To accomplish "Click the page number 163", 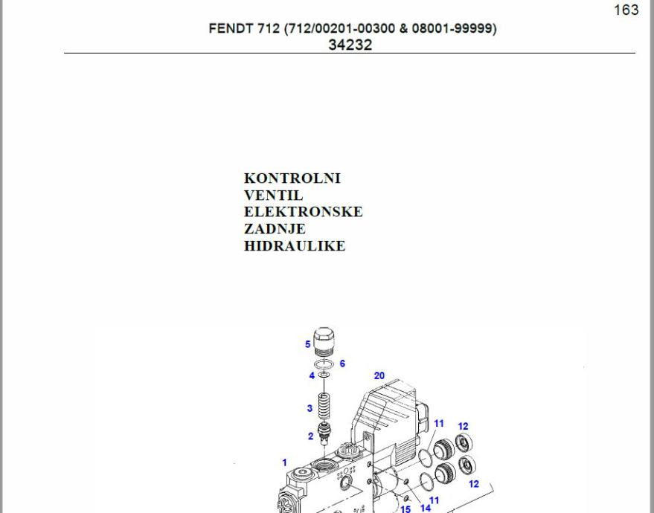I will (x=626, y=10).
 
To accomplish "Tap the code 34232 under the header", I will (x=350, y=45).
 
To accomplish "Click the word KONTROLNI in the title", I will (x=292, y=178).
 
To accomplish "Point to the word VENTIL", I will (x=273, y=196).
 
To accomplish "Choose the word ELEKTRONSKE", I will (x=303, y=212).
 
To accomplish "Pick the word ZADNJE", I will (x=274, y=229).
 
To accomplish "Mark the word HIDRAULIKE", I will (x=294, y=246).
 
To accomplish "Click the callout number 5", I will (x=308, y=344).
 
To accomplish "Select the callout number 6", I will (x=342, y=364).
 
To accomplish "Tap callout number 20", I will (x=379, y=375).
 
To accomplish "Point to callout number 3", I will (x=310, y=408).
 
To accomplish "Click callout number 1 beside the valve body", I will (x=284, y=462).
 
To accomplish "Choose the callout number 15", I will (x=405, y=509).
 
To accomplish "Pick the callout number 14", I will (x=426, y=508).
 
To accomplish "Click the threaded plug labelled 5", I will (x=324, y=342).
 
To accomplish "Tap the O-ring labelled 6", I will (x=323, y=364).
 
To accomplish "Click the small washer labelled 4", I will (x=323, y=375).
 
